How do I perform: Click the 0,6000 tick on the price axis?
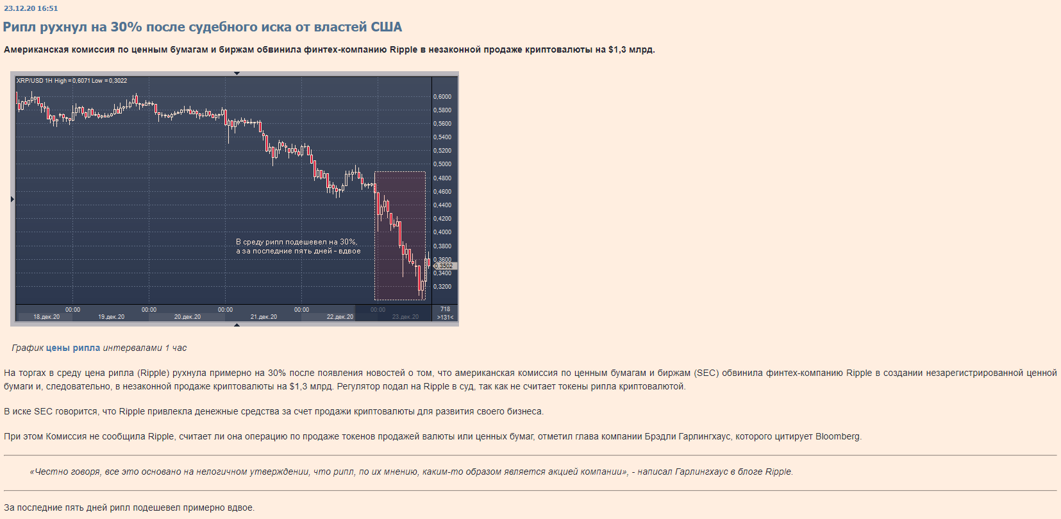tap(442, 97)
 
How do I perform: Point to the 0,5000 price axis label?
tap(442, 164)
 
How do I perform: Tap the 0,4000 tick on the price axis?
tap(442, 232)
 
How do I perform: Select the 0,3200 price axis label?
tap(442, 287)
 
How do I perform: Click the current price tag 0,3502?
tap(445, 266)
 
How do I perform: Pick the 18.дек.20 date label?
tap(46, 317)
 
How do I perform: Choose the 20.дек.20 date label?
tap(187, 317)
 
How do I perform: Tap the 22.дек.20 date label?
tap(340, 317)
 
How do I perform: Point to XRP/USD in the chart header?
tap(29, 81)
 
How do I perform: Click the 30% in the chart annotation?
tap(347, 242)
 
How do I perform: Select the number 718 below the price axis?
tap(445, 309)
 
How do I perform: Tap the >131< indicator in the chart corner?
tap(445, 318)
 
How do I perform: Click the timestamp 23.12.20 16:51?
tap(31, 8)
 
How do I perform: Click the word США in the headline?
tap(387, 27)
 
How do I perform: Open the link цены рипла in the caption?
tap(73, 348)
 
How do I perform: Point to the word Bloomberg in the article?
tap(837, 436)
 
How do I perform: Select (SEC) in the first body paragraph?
tap(706, 373)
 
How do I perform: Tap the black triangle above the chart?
tap(237, 73)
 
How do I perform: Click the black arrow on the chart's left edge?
tap(12, 200)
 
